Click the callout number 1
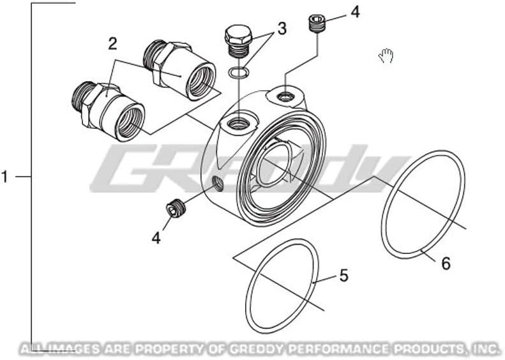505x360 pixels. (4, 177)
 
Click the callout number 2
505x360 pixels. (112, 44)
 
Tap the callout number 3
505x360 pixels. (282, 29)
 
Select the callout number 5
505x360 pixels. (343, 276)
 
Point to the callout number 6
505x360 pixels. (446, 264)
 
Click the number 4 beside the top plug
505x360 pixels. (355, 12)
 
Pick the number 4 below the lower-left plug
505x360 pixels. (156, 238)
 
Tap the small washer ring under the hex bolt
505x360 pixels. (238, 73)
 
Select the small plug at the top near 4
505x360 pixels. (317, 24)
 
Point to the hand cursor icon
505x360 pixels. (386, 56)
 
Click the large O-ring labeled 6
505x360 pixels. (423, 204)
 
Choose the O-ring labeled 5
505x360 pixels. (282, 286)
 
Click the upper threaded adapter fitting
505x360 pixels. (179, 70)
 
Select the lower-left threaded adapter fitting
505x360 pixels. (108, 112)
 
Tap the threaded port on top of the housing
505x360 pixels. (238, 123)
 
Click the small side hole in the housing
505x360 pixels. (218, 184)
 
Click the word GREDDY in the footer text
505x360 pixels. (257, 349)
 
